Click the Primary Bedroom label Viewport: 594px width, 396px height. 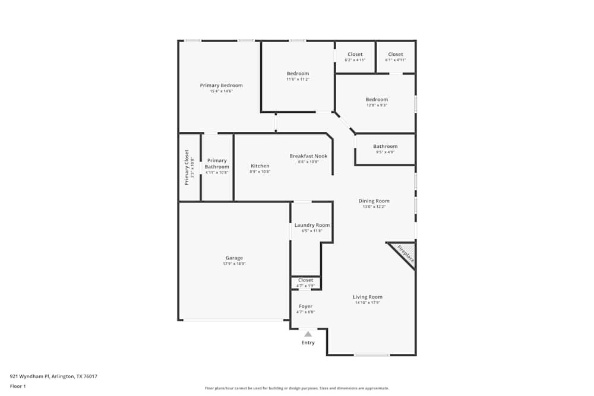pos(221,85)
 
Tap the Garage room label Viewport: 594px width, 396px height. pos(234,258)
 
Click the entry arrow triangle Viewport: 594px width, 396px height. pos(308,334)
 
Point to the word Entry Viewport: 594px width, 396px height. pos(308,343)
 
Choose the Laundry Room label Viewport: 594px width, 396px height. pos(312,225)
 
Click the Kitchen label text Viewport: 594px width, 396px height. pos(260,166)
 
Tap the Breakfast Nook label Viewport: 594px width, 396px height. pos(308,156)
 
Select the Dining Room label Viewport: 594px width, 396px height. pos(374,201)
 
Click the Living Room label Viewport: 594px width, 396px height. pos(368,297)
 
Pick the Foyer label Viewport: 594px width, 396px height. pos(305,306)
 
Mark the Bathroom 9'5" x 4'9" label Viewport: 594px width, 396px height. pos(386,147)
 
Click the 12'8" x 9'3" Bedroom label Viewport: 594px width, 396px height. pos(377,100)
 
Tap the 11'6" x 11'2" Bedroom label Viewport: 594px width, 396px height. pos(298,74)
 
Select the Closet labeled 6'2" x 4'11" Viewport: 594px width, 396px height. pos(355,55)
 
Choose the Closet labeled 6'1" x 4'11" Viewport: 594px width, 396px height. pos(396,55)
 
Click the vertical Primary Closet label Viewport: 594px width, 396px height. pos(187,167)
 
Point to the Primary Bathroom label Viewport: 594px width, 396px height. pos(217,164)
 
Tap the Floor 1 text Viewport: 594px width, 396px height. pos(18,386)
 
